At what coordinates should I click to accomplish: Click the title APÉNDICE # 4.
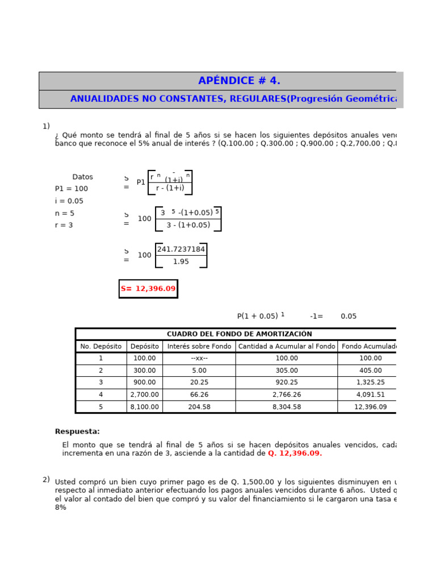pyautogui.click(x=239, y=81)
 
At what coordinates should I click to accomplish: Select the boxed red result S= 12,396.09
pyautogui.click(x=148, y=289)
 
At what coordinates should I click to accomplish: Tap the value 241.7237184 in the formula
pyautogui.click(x=181, y=250)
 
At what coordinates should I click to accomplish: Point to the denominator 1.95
pyautogui.click(x=181, y=262)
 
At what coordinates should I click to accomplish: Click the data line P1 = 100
pyautogui.click(x=72, y=189)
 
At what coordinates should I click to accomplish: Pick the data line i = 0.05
pyautogui.click(x=69, y=201)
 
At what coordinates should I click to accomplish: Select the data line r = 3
pyautogui.click(x=64, y=226)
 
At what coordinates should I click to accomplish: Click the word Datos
pyautogui.click(x=82, y=177)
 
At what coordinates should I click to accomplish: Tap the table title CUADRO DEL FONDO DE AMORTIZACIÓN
pyautogui.click(x=239, y=334)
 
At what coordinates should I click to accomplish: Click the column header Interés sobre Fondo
pyautogui.click(x=199, y=346)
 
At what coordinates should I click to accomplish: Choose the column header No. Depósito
pyautogui.click(x=101, y=346)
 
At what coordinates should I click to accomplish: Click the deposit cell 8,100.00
pyautogui.click(x=144, y=407)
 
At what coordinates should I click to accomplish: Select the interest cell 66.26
pyautogui.click(x=199, y=394)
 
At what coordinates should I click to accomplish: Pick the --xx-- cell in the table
pyautogui.click(x=199, y=359)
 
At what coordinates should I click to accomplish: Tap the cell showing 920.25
pyautogui.click(x=286, y=383)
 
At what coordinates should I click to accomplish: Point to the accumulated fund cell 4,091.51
pyautogui.click(x=370, y=394)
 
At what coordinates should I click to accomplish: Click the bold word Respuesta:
pyautogui.click(x=77, y=432)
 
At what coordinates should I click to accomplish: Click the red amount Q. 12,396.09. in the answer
pyautogui.click(x=295, y=454)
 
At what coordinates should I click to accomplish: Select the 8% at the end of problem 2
pyautogui.click(x=61, y=508)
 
